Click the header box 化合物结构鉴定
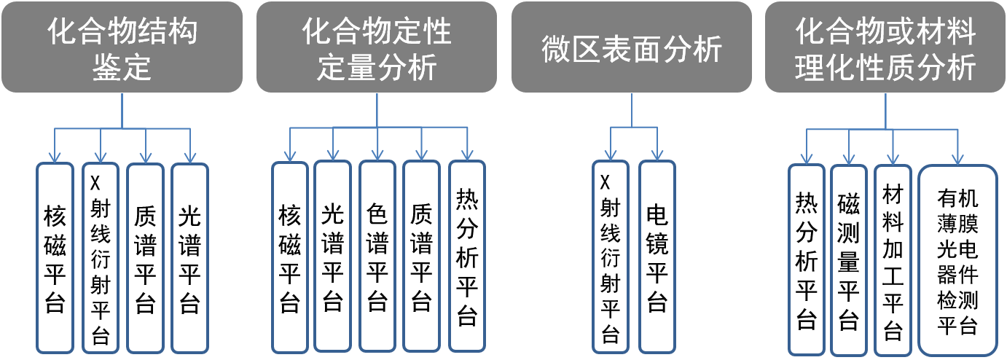coord(121,47)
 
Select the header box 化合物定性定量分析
coord(376,47)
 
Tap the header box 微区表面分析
coord(631,47)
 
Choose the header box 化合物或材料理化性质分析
coord(885,47)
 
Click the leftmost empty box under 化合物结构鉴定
coord(55,258)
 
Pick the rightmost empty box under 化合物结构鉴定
coord(189,258)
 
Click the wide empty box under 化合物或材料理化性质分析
coord(957,259)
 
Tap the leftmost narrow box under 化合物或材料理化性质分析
coord(807,259)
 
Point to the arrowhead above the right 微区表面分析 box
coord(657,154)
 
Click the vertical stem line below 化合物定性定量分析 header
coord(377,109)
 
